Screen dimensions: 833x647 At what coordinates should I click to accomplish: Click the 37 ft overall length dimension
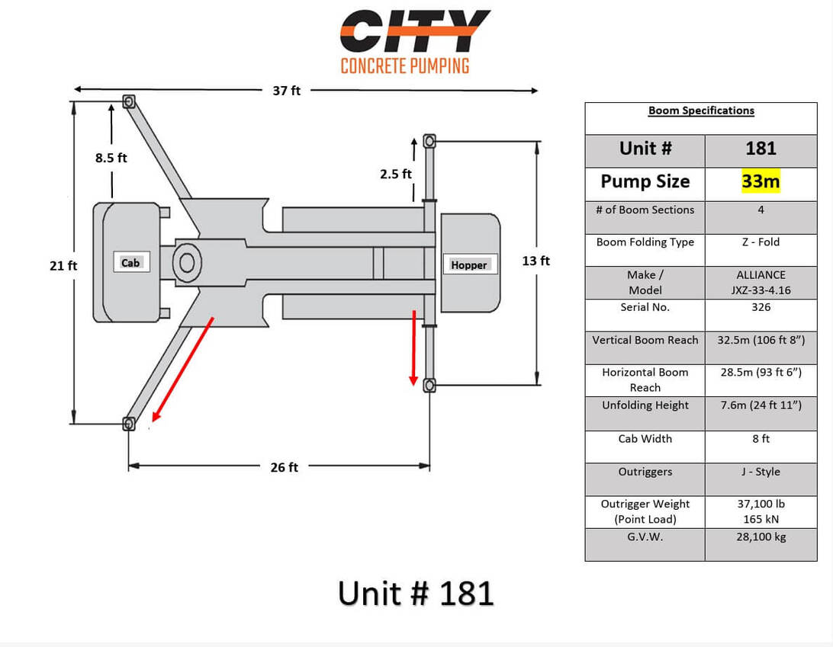coord(286,91)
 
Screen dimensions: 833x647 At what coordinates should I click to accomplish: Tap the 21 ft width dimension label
coord(63,265)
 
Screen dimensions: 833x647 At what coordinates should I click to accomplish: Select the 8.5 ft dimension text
coord(111,158)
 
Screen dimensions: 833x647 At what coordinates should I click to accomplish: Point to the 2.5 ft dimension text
coord(396,174)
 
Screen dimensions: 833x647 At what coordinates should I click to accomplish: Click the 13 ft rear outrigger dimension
coord(536,261)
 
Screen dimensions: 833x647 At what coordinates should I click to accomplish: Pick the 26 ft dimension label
coord(285,467)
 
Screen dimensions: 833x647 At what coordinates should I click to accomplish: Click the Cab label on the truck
coord(130,263)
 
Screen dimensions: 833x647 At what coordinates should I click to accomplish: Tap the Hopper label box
coord(470,264)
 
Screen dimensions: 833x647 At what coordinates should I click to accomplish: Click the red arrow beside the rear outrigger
coord(413,348)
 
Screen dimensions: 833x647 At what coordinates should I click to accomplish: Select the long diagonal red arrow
coord(183,369)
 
